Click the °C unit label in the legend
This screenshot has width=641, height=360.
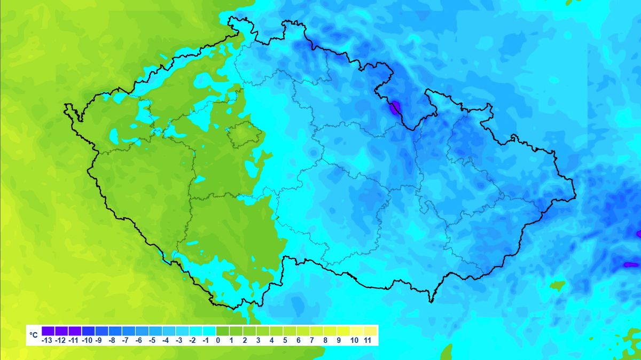point(33,335)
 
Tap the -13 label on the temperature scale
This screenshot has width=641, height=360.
point(48,340)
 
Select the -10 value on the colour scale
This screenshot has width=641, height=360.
point(88,340)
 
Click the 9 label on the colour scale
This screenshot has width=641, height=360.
point(339,340)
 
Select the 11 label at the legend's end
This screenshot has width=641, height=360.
point(368,340)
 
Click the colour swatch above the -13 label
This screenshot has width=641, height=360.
point(48,331)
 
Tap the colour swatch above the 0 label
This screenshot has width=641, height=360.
point(223,331)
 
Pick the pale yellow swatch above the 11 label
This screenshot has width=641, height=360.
point(370,331)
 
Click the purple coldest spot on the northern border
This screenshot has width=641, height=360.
point(395,108)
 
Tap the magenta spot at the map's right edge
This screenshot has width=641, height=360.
point(638,234)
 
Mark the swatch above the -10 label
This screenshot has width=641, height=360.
point(88,331)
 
